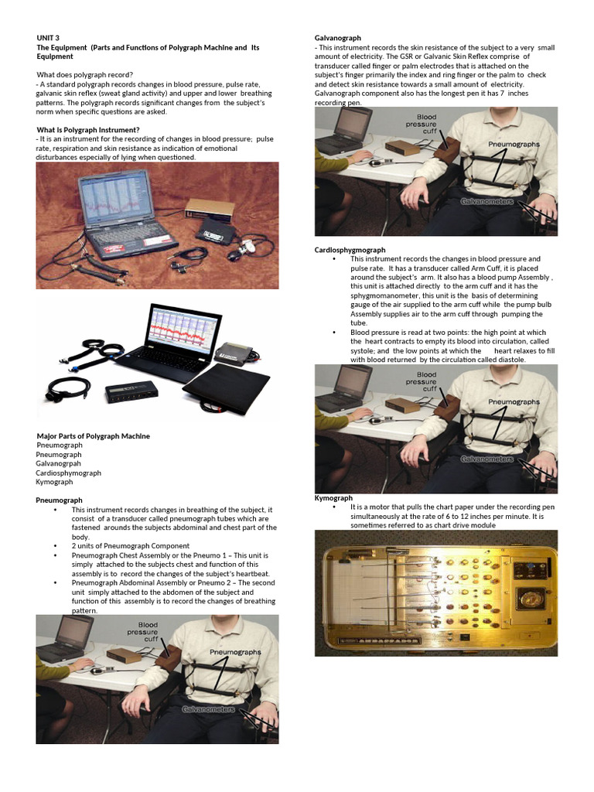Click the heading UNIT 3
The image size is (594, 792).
[x=48, y=38]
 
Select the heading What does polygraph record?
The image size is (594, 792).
[x=85, y=75]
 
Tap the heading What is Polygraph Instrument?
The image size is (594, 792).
[x=88, y=130]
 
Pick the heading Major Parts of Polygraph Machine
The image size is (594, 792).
[x=94, y=436]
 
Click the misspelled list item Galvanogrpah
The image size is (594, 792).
[x=58, y=464]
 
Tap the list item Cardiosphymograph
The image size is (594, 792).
[x=68, y=473]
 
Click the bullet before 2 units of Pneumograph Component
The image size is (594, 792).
[x=56, y=546]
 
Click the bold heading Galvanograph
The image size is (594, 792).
[x=338, y=38]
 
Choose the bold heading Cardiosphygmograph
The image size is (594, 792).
[x=350, y=250]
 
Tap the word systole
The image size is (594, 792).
[x=363, y=350]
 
